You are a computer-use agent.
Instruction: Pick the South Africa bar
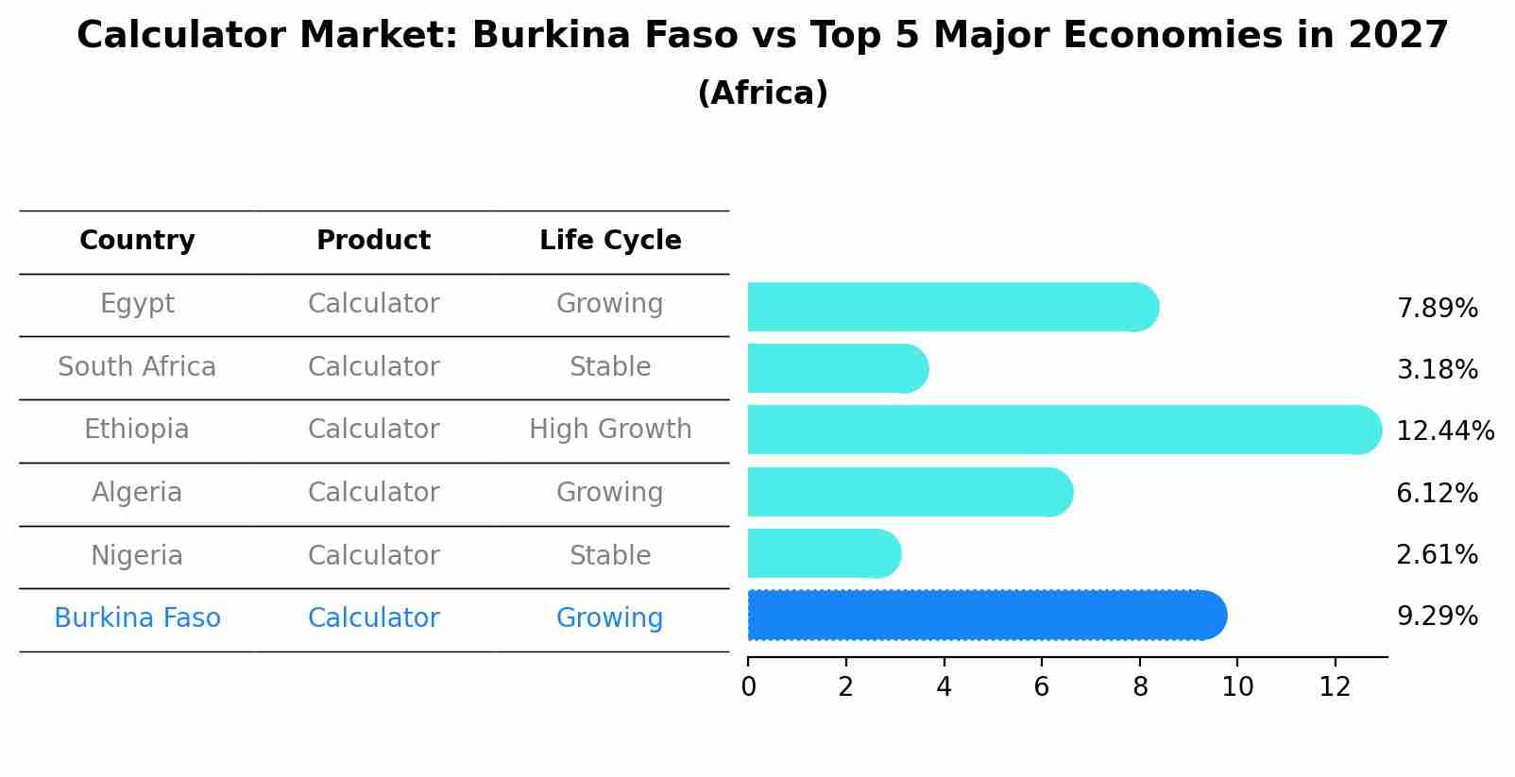click(x=837, y=368)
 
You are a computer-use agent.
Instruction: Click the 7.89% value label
click(x=1437, y=309)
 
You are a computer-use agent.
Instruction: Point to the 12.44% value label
click(x=1444, y=431)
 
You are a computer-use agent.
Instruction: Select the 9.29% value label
click(x=1437, y=617)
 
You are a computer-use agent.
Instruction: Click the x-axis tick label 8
click(x=1140, y=687)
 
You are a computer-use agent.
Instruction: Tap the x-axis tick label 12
click(x=1336, y=687)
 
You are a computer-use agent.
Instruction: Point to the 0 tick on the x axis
click(x=749, y=687)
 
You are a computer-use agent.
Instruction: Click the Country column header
click(x=137, y=241)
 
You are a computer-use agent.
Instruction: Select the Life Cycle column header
click(x=610, y=241)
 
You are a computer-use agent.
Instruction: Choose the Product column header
click(x=373, y=241)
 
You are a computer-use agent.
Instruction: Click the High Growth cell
click(x=610, y=430)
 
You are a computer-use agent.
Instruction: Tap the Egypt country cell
click(x=137, y=304)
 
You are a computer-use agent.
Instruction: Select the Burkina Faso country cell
click(x=137, y=618)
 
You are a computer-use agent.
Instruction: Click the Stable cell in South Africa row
click(x=610, y=367)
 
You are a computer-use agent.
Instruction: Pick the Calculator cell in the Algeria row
click(x=373, y=493)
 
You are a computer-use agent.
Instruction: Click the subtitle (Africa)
click(x=762, y=93)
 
